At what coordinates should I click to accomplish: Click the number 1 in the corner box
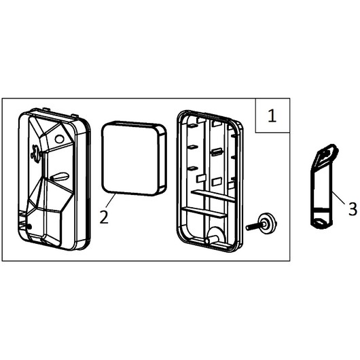pyautogui.click(x=272, y=115)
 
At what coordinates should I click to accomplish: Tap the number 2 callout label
pyautogui.click(x=104, y=217)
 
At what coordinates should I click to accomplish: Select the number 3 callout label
pyautogui.click(x=353, y=209)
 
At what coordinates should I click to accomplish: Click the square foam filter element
pyautogui.click(x=134, y=158)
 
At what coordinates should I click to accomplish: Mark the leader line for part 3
pyautogui.click(x=339, y=198)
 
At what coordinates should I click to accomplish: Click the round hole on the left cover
pyautogui.click(x=59, y=139)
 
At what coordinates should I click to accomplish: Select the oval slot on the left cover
pyautogui.click(x=60, y=177)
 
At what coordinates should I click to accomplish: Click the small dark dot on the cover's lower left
pyautogui.click(x=29, y=227)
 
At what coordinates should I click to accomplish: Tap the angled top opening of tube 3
pyautogui.click(x=327, y=154)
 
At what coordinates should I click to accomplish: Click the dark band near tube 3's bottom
pyautogui.click(x=321, y=210)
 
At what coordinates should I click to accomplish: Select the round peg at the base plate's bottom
pyautogui.click(x=210, y=240)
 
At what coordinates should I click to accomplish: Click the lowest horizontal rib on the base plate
pyautogui.click(x=204, y=212)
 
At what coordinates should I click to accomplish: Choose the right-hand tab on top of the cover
pyautogui.click(x=75, y=115)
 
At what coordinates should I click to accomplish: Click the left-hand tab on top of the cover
pyautogui.click(x=46, y=109)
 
